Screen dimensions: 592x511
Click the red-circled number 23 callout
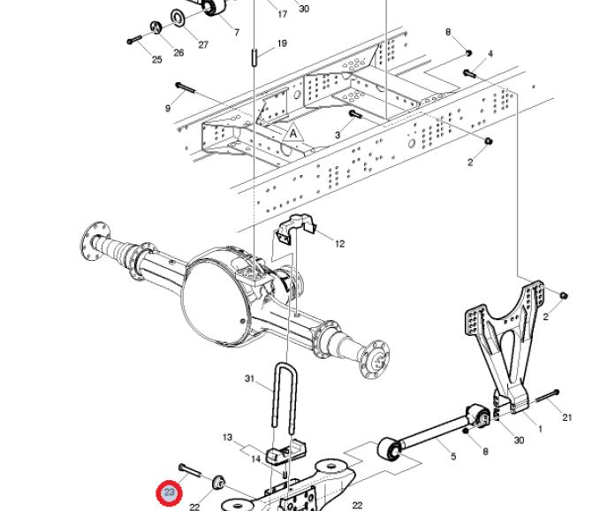(x=169, y=492)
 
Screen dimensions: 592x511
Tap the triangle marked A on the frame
(x=293, y=133)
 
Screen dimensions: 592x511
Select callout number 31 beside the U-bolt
(x=249, y=378)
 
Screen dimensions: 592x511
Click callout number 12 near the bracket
(x=340, y=244)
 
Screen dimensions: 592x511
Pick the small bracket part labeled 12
(x=296, y=228)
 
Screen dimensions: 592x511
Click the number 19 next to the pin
(x=282, y=43)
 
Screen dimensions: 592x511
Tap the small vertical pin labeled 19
(x=254, y=57)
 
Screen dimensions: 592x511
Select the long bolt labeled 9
(x=185, y=88)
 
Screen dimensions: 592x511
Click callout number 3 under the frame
(x=338, y=135)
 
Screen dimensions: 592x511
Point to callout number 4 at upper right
(x=490, y=54)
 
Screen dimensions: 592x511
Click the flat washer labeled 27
(x=178, y=17)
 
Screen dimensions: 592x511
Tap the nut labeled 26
(x=156, y=27)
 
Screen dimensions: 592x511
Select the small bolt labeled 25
(x=134, y=39)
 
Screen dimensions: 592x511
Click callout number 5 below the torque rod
(x=453, y=456)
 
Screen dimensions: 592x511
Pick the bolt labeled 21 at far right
(x=546, y=396)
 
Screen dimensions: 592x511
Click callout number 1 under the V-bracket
(x=540, y=429)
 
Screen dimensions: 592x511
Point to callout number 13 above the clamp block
(x=227, y=438)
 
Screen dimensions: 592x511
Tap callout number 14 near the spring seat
(x=256, y=459)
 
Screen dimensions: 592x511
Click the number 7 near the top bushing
(x=237, y=33)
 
